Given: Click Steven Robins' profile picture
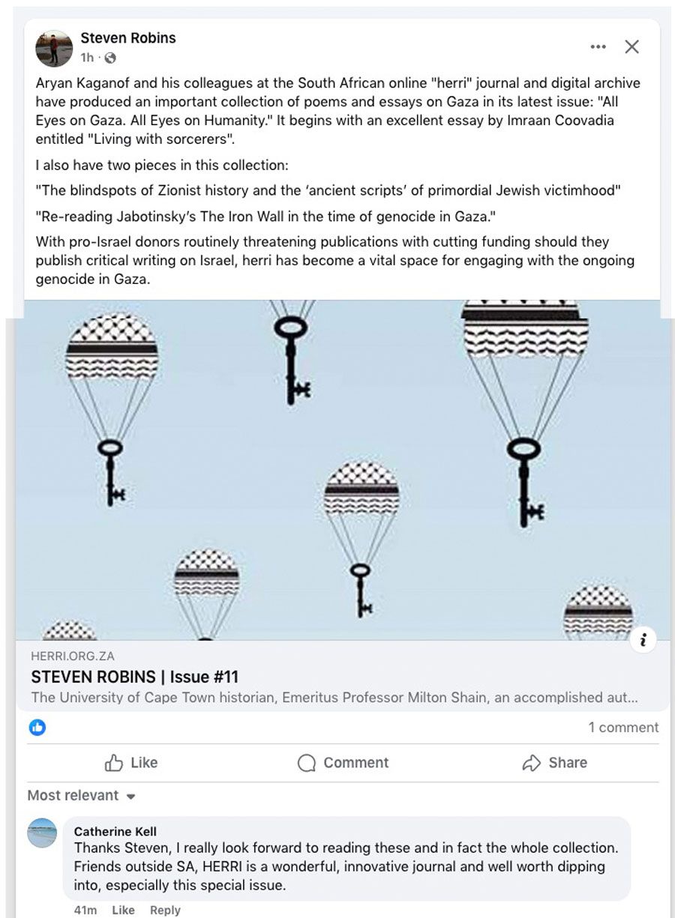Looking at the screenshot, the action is point(54,49).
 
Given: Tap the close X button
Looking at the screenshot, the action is point(631,46).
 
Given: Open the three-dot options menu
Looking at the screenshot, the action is point(598,46).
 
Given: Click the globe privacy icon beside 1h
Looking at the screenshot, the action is point(110,58).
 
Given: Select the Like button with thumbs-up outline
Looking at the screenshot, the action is point(131,763).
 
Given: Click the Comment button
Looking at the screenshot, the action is point(343,763).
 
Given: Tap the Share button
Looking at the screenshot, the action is point(554,763).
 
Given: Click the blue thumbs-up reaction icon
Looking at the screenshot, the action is point(37,728).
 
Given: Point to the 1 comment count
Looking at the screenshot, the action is point(623,728).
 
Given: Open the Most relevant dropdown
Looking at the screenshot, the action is point(81,795).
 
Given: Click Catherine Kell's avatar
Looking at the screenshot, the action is point(42,833).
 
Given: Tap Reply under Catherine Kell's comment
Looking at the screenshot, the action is point(165,911).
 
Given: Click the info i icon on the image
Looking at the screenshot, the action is point(643,640).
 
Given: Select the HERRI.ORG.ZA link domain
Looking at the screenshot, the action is point(73,656).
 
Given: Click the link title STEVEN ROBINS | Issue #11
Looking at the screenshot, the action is point(134,677).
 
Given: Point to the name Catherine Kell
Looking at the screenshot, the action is point(115,832).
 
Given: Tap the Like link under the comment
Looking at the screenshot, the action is point(123,911).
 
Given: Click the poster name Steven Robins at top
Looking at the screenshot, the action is point(128,38).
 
